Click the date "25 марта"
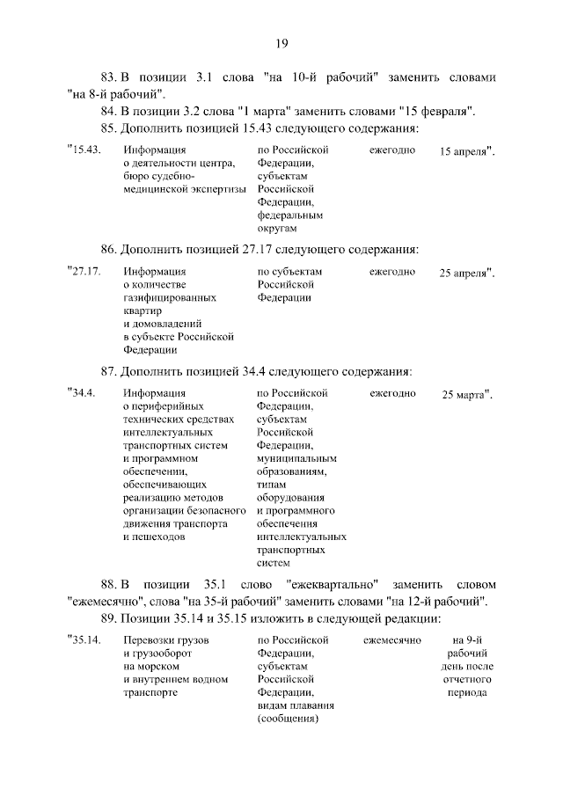tap(464, 395)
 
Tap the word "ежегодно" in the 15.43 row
tap(392, 150)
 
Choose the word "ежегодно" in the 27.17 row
tap(392, 272)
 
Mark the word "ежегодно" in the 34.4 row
tap(392, 393)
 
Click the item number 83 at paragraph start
tap(110, 77)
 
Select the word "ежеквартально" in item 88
tap(332, 584)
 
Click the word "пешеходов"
tap(154, 535)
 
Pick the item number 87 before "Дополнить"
tap(109, 370)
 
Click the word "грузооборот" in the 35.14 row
tap(156, 654)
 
